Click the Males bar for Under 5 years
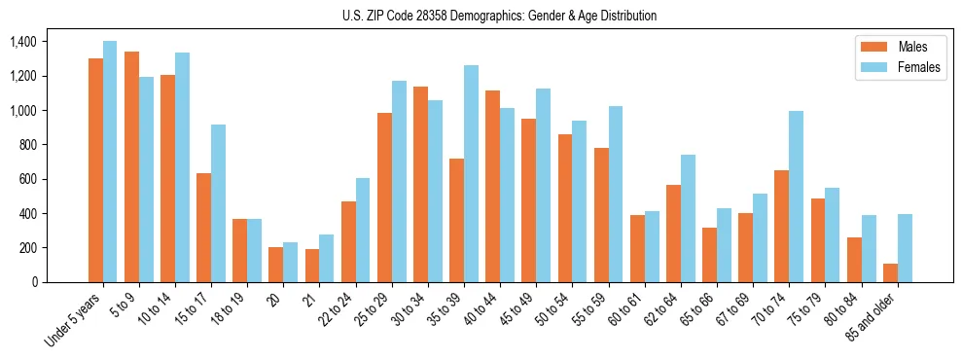(x=95, y=170)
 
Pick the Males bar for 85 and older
(x=890, y=272)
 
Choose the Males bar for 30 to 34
(x=420, y=184)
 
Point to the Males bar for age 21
(x=312, y=266)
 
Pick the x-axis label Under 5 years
(x=74, y=320)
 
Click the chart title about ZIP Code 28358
(x=499, y=16)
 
